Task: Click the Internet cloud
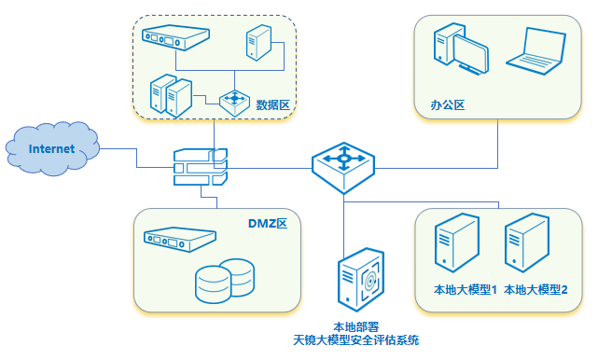(x=51, y=149)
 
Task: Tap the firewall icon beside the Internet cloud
(x=200, y=169)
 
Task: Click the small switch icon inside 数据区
(x=231, y=100)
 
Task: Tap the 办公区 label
(x=448, y=104)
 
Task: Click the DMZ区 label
(x=272, y=224)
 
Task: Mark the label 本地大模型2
(x=535, y=290)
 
